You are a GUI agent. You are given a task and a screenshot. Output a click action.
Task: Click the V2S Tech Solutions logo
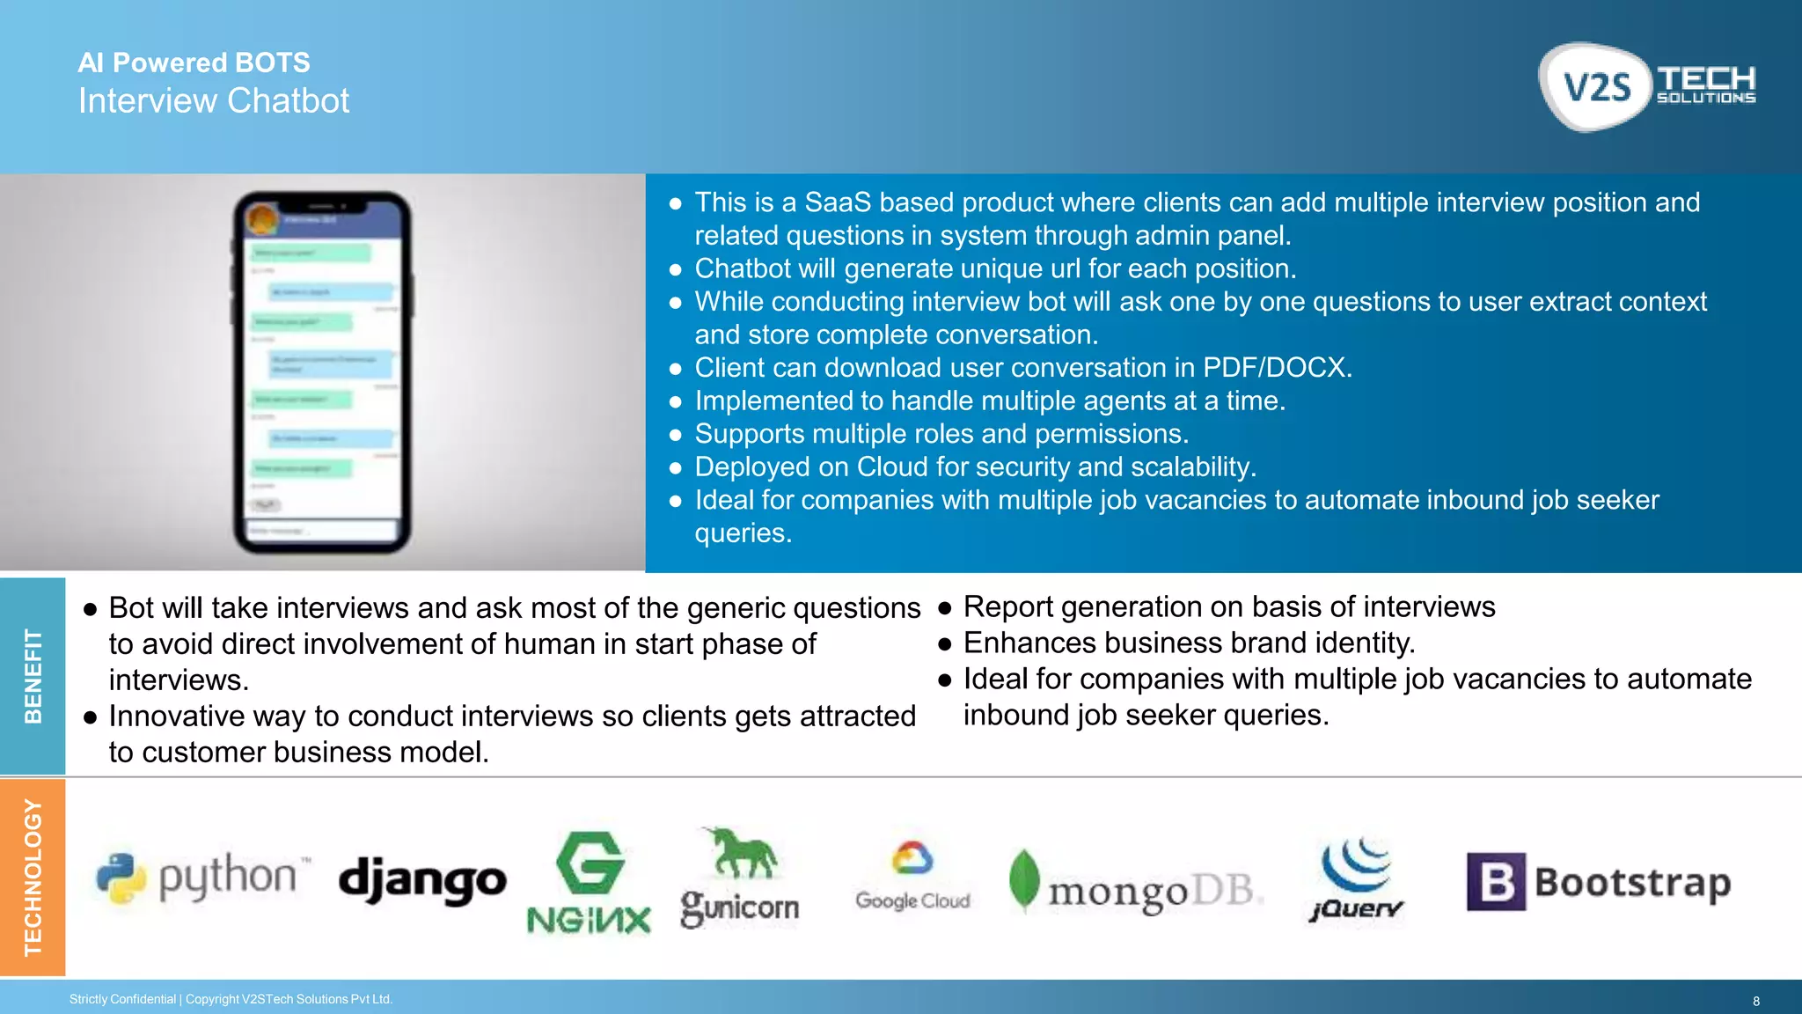coord(1647,86)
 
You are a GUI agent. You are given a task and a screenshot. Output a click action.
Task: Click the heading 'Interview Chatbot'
coord(214,101)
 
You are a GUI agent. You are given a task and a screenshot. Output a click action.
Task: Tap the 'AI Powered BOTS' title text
coord(194,62)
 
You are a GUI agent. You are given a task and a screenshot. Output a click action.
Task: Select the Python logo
coord(202,878)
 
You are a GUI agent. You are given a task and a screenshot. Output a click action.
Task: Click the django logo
coord(422,880)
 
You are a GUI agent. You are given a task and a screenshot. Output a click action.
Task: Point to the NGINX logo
coord(589,883)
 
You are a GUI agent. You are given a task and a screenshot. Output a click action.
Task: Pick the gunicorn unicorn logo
coord(739,878)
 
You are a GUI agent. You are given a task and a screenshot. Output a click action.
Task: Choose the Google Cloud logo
coord(912,877)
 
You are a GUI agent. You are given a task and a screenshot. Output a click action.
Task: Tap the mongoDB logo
coord(1135,883)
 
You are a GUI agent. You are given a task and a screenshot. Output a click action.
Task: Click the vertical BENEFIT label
coord(33,676)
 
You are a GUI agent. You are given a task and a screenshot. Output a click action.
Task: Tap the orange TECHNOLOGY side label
coord(33,877)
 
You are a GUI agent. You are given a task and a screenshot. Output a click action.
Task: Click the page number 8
coord(1756,1001)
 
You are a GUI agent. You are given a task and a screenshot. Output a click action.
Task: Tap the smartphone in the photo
coord(322,372)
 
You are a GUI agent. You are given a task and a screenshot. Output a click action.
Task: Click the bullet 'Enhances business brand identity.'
coord(1189,643)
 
